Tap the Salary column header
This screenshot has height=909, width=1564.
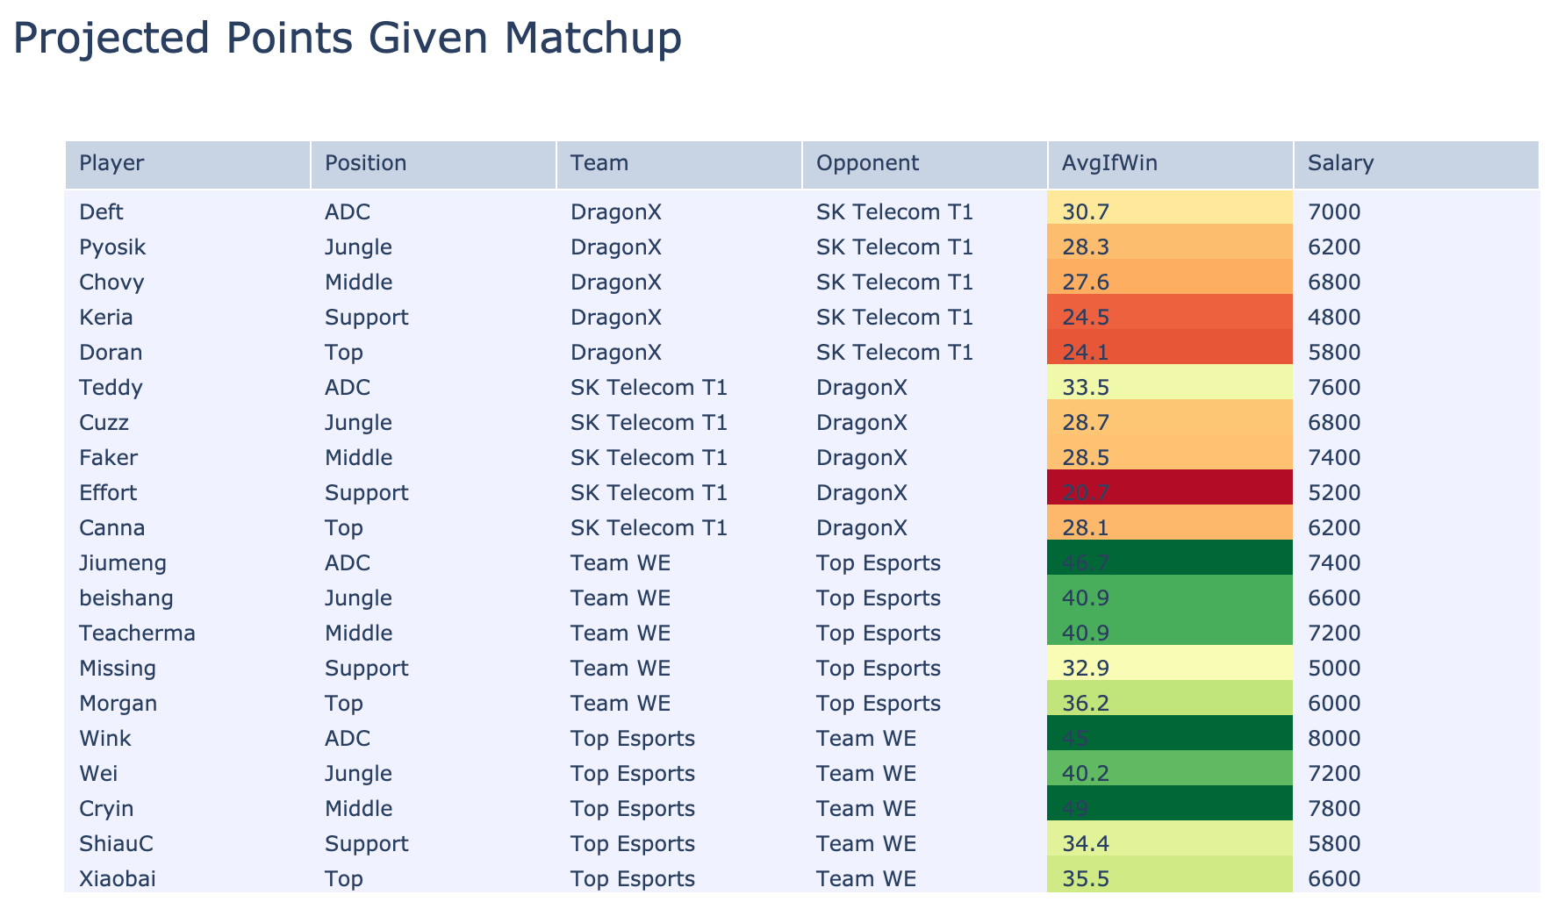tap(1340, 163)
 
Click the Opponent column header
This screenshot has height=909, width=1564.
tap(867, 163)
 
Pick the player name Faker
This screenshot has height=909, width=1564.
tap(108, 458)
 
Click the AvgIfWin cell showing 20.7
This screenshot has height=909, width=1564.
tap(1085, 493)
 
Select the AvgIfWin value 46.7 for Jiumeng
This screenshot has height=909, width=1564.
tap(1085, 563)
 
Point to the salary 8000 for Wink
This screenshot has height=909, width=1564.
tap(1333, 739)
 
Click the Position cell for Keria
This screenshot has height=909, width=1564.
tap(366, 318)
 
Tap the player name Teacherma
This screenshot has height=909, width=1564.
tap(137, 633)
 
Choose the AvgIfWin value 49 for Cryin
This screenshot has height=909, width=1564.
tap(1075, 809)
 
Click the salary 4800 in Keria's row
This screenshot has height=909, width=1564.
tap(1333, 318)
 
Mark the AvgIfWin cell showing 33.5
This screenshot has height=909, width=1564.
tap(1085, 388)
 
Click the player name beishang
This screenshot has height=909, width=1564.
tap(126, 598)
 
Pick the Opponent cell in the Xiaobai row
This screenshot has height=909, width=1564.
tap(865, 879)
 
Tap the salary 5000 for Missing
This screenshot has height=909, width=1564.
tap(1333, 669)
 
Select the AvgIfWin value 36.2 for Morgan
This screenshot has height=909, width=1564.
tap(1085, 704)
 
